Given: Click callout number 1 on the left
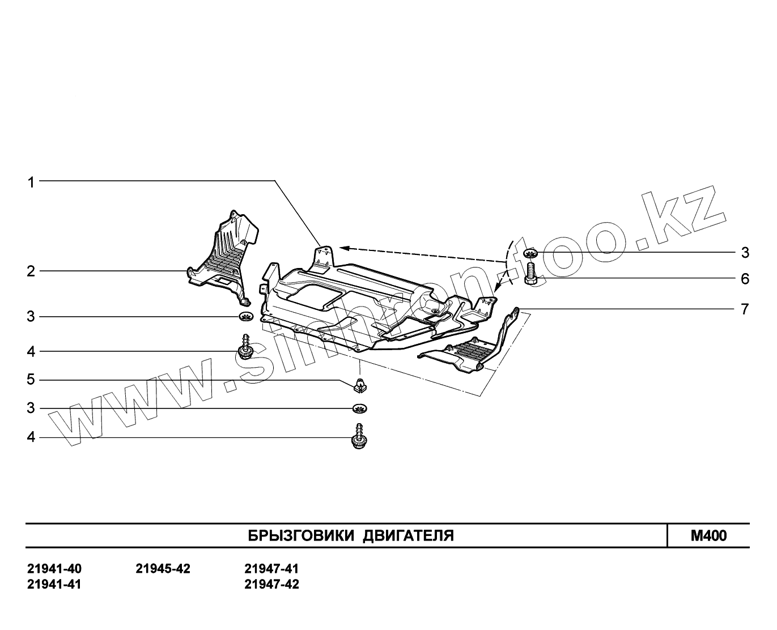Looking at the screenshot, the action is pyautogui.click(x=31, y=182).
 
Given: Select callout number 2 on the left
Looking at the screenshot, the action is pyautogui.click(x=31, y=271).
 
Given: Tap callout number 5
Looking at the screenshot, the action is pyautogui.click(x=31, y=379).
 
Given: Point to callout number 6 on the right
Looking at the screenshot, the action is pyautogui.click(x=745, y=279).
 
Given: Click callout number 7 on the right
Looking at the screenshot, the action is pyautogui.click(x=745, y=309).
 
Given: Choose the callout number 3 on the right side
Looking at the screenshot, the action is pyautogui.click(x=745, y=252).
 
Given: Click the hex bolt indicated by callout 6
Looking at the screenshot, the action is pyautogui.click(x=532, y=274).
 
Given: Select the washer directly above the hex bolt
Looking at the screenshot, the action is pyautogui.click(x=531, y=253).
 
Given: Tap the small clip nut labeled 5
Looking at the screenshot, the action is pyautogui.click(x=358, y=385).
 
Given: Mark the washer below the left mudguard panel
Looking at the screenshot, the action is pyautogui.click(x=245, y=316).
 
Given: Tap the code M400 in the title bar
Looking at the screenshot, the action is pyautogui.click(x=708, y=536).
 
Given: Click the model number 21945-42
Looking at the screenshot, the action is pyautogui.click(x=163, y=569).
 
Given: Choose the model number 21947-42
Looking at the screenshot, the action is pyautogui.click(x=271, y=584).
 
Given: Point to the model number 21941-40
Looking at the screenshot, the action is pyautogui.click(x=54, y=569).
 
